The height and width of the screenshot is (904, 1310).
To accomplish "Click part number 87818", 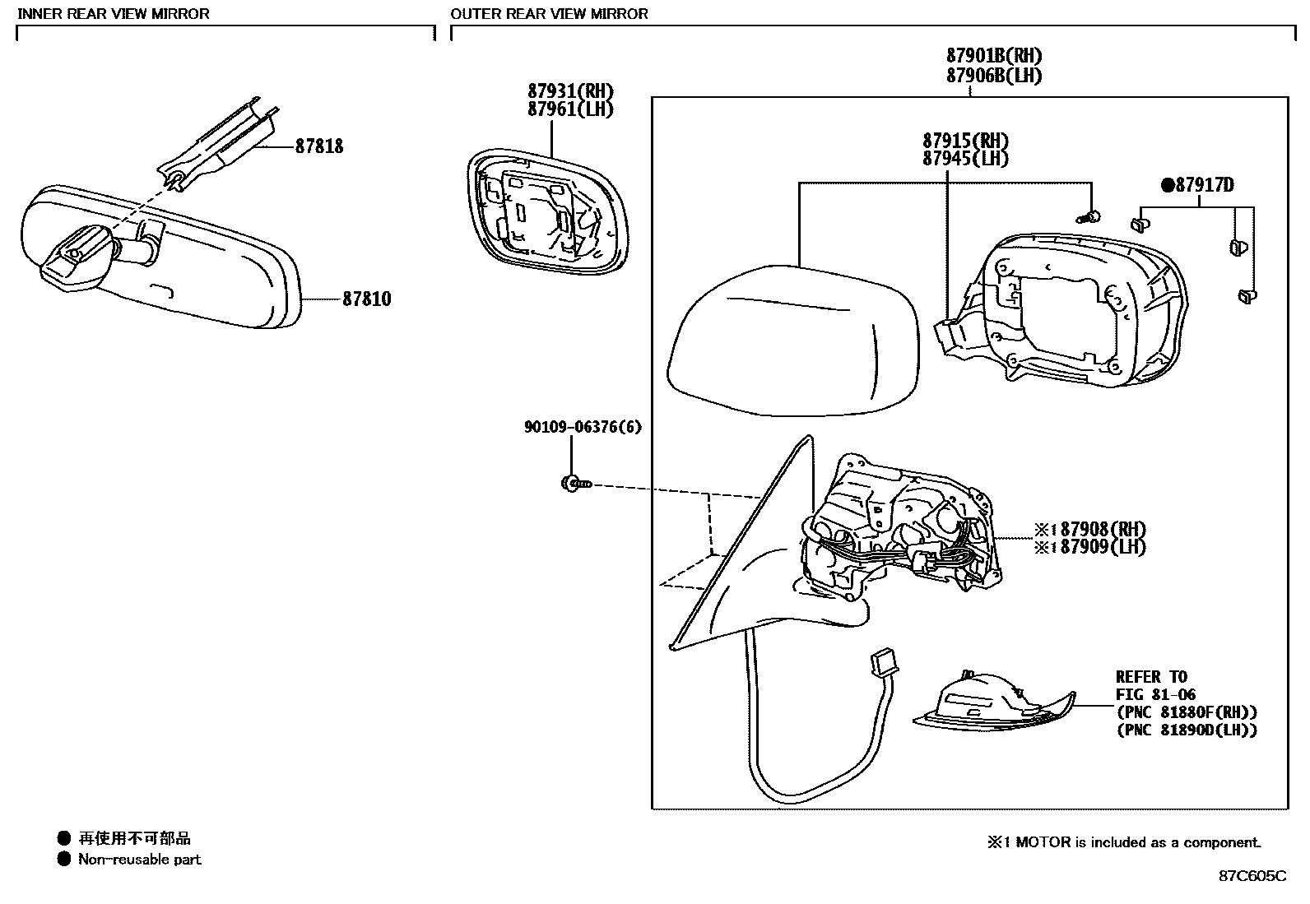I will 319,146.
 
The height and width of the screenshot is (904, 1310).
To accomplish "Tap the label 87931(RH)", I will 570,91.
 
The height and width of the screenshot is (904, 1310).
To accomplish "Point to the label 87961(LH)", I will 570,109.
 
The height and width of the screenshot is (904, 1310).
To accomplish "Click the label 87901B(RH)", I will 994,56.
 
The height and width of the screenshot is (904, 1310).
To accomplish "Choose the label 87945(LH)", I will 965,159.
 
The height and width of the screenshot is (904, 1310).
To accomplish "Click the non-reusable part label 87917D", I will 1202,185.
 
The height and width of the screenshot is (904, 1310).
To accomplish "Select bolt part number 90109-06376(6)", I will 583,427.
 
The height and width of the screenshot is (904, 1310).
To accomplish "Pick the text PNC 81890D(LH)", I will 1187,730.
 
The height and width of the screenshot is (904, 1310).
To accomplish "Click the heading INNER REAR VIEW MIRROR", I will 114,14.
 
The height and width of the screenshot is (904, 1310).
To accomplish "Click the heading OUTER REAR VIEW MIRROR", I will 549,14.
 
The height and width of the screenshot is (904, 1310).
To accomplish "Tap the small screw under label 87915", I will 1088,217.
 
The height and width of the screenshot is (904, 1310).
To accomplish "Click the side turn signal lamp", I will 992,703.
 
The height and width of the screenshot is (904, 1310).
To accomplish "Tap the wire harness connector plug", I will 883,661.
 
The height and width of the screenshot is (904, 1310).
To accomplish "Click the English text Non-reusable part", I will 139,860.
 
